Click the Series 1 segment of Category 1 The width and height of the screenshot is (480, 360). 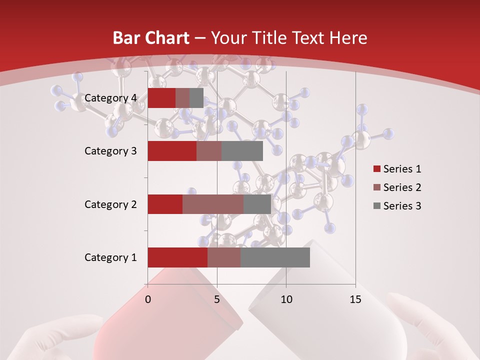tap(177, 257)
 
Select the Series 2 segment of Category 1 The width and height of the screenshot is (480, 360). tap(224, 257)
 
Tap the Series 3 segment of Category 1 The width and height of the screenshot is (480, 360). tap(275, 257)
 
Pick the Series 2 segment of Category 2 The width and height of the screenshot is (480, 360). tap(213, 204)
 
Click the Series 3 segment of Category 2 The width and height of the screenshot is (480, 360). tap(257, 204)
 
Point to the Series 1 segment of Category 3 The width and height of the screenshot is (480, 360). tap(172, 151)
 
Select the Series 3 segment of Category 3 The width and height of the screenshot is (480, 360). tap(242, 151)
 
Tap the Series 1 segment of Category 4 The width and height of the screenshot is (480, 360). tap(161, 98)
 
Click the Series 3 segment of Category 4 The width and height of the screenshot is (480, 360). tap(196, 98)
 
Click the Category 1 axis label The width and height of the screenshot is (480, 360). tap(110, 257)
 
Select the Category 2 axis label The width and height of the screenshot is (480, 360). tap(110, 204)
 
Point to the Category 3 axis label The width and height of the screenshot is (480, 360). tap(110, 151)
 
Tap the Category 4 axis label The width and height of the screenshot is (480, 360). tap(110, 98)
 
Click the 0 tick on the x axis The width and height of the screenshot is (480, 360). tap(148, 299)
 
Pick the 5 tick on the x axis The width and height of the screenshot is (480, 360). tap(217, 299)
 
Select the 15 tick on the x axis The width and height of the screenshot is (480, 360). tap(355, 299)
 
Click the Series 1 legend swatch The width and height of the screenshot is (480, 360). tap(376, 169)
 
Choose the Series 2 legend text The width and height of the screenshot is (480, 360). tap(402, 187)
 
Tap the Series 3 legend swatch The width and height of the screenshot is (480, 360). tap(376, 206)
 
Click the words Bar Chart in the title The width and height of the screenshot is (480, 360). tap(151, 38)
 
